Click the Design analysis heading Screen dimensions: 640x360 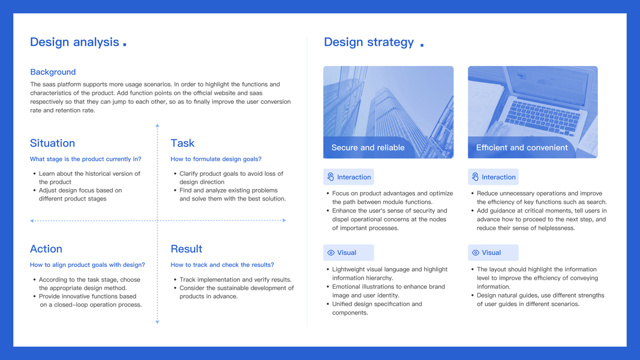pos(75,42)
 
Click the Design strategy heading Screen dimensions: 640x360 pos(368,42)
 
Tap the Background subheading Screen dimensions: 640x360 pos(53,72)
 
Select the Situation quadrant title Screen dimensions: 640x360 pos(52,143)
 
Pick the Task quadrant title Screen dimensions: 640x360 pos(182,143)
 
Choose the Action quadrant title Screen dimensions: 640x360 pos(46,248)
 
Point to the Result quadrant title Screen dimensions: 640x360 pos(186,248)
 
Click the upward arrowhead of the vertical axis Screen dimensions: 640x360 pos(157,126)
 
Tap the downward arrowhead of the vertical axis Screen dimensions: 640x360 pos(157,322)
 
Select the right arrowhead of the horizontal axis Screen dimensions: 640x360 pos(284,220)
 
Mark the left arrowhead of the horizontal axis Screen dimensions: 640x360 pos(32,221)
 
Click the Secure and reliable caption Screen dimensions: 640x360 pos(368,148)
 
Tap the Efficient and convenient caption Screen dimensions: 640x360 pos(522,148)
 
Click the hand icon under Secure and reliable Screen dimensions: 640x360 pos(330,177)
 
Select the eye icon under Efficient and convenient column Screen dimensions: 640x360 pos(476,253)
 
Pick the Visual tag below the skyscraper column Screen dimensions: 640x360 pos(348,253)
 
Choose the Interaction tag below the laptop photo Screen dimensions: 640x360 pos(493,177)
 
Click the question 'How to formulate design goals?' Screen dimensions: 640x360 pos(216,159)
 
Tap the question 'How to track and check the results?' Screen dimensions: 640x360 pos(222,265)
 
